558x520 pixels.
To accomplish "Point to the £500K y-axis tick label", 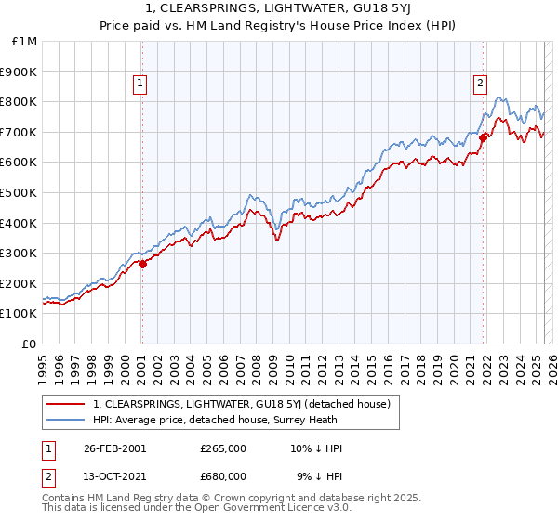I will tap(20, 192).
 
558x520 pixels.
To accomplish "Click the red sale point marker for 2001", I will tap(142, 264).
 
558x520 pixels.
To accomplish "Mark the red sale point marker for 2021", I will tap(484, 138).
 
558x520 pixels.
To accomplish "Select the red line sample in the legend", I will tap(66, 404).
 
